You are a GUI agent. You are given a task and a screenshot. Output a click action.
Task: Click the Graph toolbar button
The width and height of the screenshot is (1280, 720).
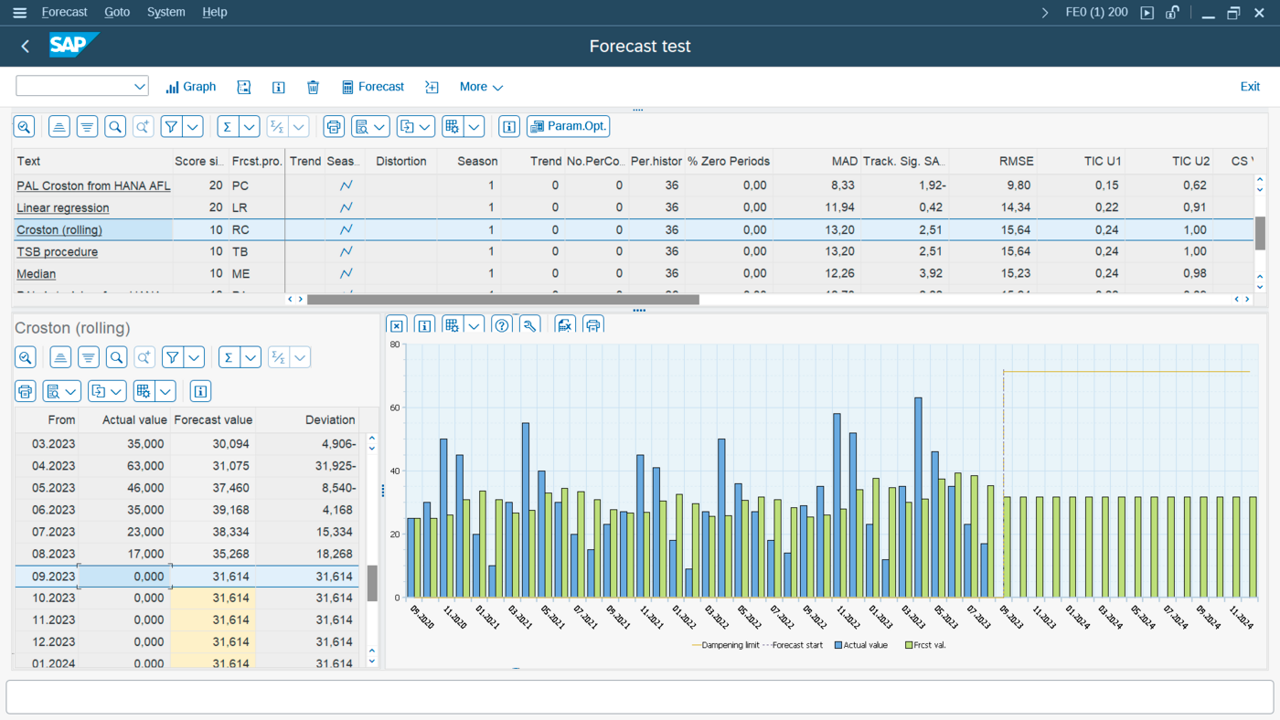coord(191,87)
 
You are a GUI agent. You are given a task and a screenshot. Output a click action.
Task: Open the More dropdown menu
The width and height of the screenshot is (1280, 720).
coord(481,87)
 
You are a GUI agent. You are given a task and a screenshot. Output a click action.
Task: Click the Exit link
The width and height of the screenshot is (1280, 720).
coord(1249,87)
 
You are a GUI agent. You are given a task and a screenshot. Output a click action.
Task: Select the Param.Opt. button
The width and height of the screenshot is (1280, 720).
coord(568,126)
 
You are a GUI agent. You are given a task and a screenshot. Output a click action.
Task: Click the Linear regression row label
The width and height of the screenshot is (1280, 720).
coord(62,207)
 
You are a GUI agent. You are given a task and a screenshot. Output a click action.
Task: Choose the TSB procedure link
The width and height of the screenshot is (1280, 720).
coord(57,251)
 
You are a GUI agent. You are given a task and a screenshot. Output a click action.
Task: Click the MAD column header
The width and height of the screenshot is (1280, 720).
coord(844,161)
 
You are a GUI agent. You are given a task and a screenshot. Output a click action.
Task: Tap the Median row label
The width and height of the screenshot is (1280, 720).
coord(36,273)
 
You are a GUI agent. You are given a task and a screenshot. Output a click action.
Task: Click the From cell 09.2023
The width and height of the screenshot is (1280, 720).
coord(54,577)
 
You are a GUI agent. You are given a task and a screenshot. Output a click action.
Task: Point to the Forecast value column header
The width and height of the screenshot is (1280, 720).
coord(213,419)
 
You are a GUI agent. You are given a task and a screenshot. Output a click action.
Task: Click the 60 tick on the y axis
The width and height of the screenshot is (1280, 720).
coord(395,408)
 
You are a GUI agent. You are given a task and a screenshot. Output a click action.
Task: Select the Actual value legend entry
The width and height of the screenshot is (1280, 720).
coord(861,645)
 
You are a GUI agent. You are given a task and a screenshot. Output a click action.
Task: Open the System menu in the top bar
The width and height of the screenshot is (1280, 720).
coord(165,12)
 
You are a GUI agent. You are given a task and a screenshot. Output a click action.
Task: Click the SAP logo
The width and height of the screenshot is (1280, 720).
coord(72,46)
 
